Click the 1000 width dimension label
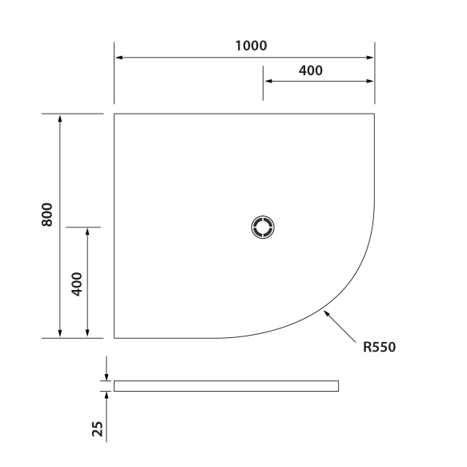pyautogui.click(x=251, y=46)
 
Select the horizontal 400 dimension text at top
pyautogui.click(x=310, y=70)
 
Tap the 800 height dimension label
pyautogui.click(x=47, y=215)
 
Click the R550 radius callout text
pyautogui.click(x=380, y=347)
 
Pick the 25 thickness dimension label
pyautogui.click(x=97, y=429)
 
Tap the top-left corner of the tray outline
pyautogui.click(x=115, y=115)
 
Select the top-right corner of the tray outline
pyautogui.click(x=374, y=115)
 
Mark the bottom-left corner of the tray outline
pyautogui.click(x=115, y=338)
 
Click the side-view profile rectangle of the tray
pyautogui.click(x=226, y=386)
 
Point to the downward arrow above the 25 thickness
pyautogui.click(x=107, y=376)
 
